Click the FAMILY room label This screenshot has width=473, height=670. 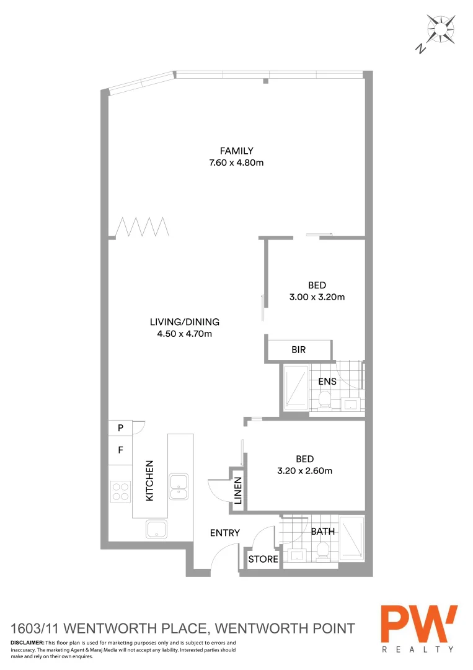point(237,151)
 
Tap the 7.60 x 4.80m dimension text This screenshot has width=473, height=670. point(237,163)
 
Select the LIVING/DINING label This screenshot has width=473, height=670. point(185,322)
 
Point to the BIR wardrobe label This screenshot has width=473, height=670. point(299,350)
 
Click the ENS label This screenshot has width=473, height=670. point(327,382)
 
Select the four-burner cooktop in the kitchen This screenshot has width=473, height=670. point(121,491)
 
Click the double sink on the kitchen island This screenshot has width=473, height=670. point(179,486)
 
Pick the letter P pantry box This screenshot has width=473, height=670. point(121,428)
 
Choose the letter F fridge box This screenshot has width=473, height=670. point(121,450)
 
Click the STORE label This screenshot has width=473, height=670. point(263,560)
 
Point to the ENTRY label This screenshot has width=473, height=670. point(225,533)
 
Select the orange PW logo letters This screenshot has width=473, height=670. point(419,624)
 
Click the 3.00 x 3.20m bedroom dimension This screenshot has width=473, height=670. point(317,297)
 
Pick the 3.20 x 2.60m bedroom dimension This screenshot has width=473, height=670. point(304,471)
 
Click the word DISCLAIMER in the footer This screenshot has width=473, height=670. point(27,643)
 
